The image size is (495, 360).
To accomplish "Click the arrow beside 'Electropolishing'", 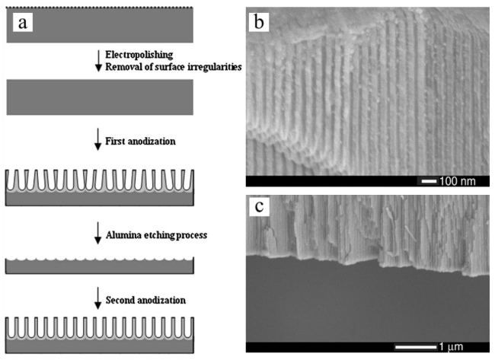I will pyautogui.click(x=97, y=61).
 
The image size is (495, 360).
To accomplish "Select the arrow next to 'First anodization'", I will pyautogui.click(x=97, y=140).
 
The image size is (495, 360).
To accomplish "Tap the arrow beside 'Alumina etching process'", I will pyautogui.click(x=97, y=236).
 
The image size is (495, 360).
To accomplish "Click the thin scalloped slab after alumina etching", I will pyautogui.click(x=100, y=266).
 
